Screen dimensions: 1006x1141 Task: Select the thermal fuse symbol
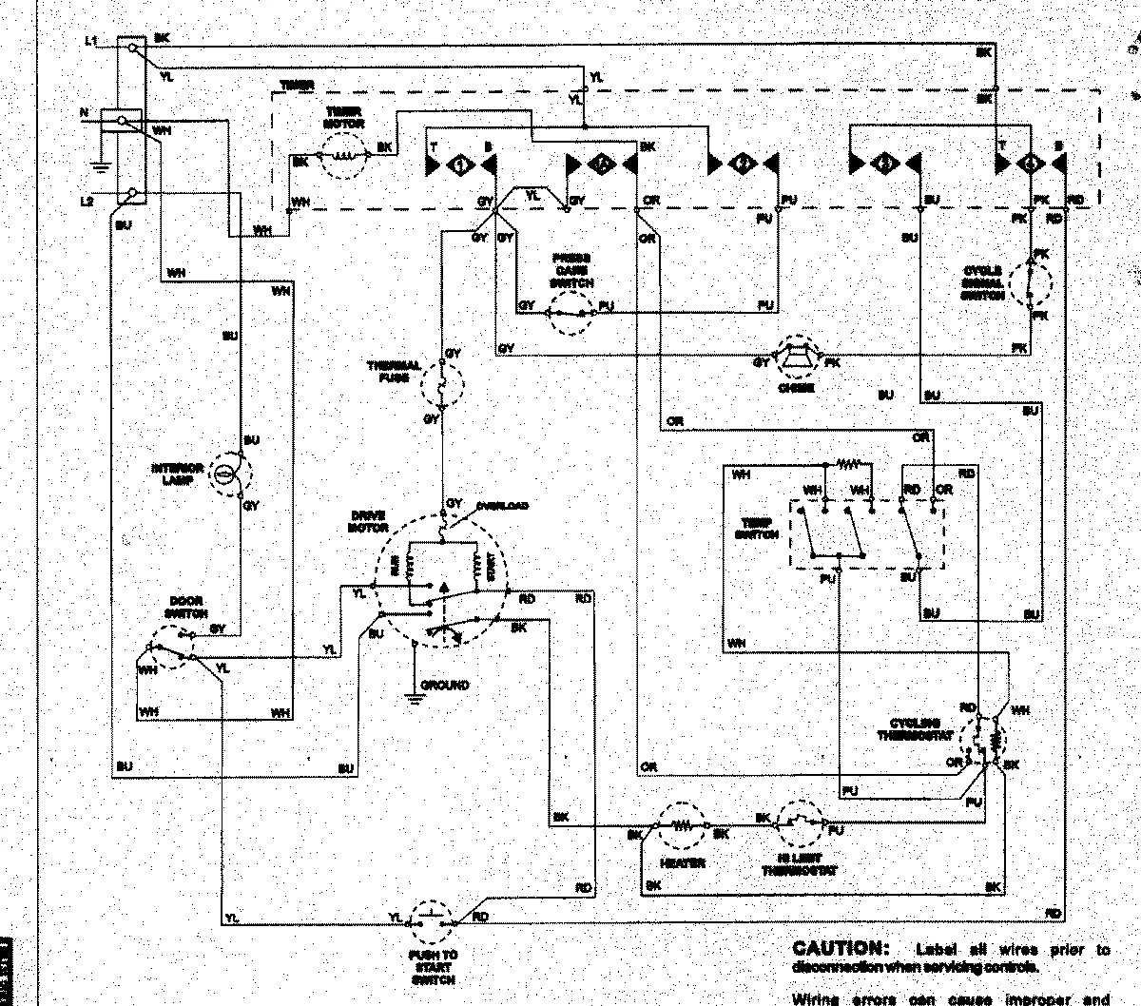(x=441, y=385)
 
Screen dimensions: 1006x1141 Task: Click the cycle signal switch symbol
(x=1031, y=283)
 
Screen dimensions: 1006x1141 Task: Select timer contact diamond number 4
(x=1030, y=164)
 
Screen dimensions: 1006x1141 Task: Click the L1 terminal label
(x=90, y=40)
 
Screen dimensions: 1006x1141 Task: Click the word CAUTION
(x=838, y=949)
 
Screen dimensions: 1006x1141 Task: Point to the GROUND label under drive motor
(x=445, y=685)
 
